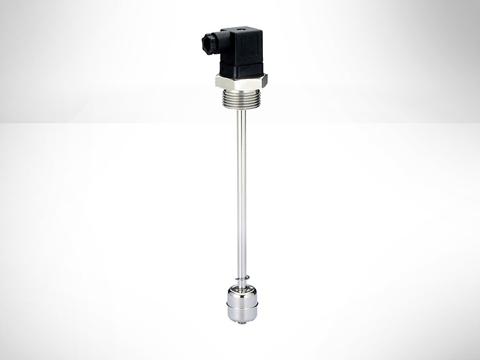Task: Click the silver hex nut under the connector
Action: pyautogui.click(x=241, y=81)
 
